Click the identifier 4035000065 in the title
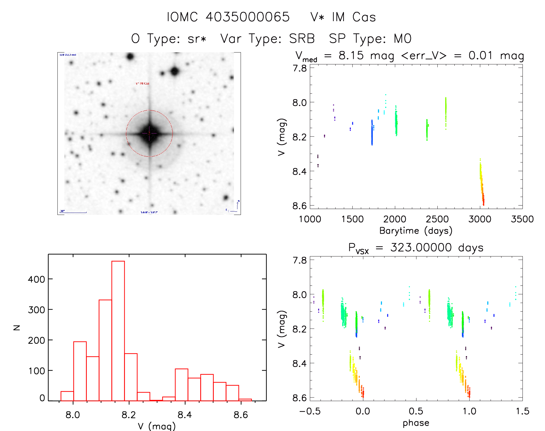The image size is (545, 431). [248, 17]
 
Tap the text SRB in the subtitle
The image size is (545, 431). [302, 39]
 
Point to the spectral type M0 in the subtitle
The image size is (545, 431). [402, 39]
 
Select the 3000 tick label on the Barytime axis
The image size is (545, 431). [480, 219]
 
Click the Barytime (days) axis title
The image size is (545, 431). [416, 231]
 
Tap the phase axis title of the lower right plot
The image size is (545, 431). [416, 423]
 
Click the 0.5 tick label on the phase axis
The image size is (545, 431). [416, 411]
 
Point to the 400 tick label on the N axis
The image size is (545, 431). [36, 279]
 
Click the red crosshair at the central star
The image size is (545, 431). [149, 133]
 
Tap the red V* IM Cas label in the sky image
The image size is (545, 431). [143, 83]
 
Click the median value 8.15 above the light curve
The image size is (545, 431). [351, 55]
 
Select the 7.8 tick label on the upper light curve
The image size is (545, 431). [299, 68]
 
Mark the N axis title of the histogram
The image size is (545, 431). [17, 328]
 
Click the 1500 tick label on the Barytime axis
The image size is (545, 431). [352, 219]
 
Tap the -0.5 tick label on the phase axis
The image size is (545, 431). [310, 411]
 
